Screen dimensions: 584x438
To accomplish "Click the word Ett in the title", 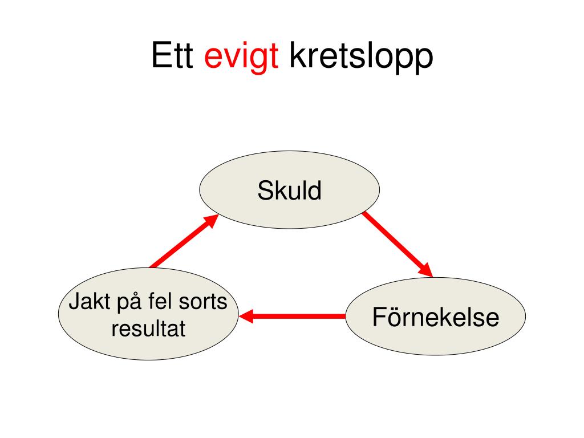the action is click(x=172, y=55).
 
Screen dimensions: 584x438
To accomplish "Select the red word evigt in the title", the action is click(x=241, y=58).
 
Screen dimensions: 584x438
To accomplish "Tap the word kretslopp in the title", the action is click(x=361, y=57).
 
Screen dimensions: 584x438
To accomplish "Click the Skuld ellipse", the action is click(x=289, y=189).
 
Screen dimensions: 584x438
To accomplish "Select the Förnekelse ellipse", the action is click(x=435, y=316).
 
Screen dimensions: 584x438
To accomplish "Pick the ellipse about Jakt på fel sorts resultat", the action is click(x=148, y=314).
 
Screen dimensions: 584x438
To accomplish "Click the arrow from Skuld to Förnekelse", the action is click(x=398, y=245).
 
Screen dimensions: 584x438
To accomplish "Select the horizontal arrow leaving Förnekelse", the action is click(x=292, y=316).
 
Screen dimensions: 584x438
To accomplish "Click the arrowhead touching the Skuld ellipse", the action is click(x=212, y=221).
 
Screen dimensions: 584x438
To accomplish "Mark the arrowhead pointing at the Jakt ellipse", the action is click(x=246, y=316).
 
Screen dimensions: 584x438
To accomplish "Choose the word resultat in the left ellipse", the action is click(x=148, y=328).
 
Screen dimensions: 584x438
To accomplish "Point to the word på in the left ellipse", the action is click(x=129, y=302).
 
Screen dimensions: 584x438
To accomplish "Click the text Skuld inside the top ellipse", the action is click(x=289, y=190).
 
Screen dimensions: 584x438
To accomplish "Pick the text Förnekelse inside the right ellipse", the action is click(x=436, y=317).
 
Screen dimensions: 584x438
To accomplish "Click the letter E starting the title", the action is click(x=160, y=55).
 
